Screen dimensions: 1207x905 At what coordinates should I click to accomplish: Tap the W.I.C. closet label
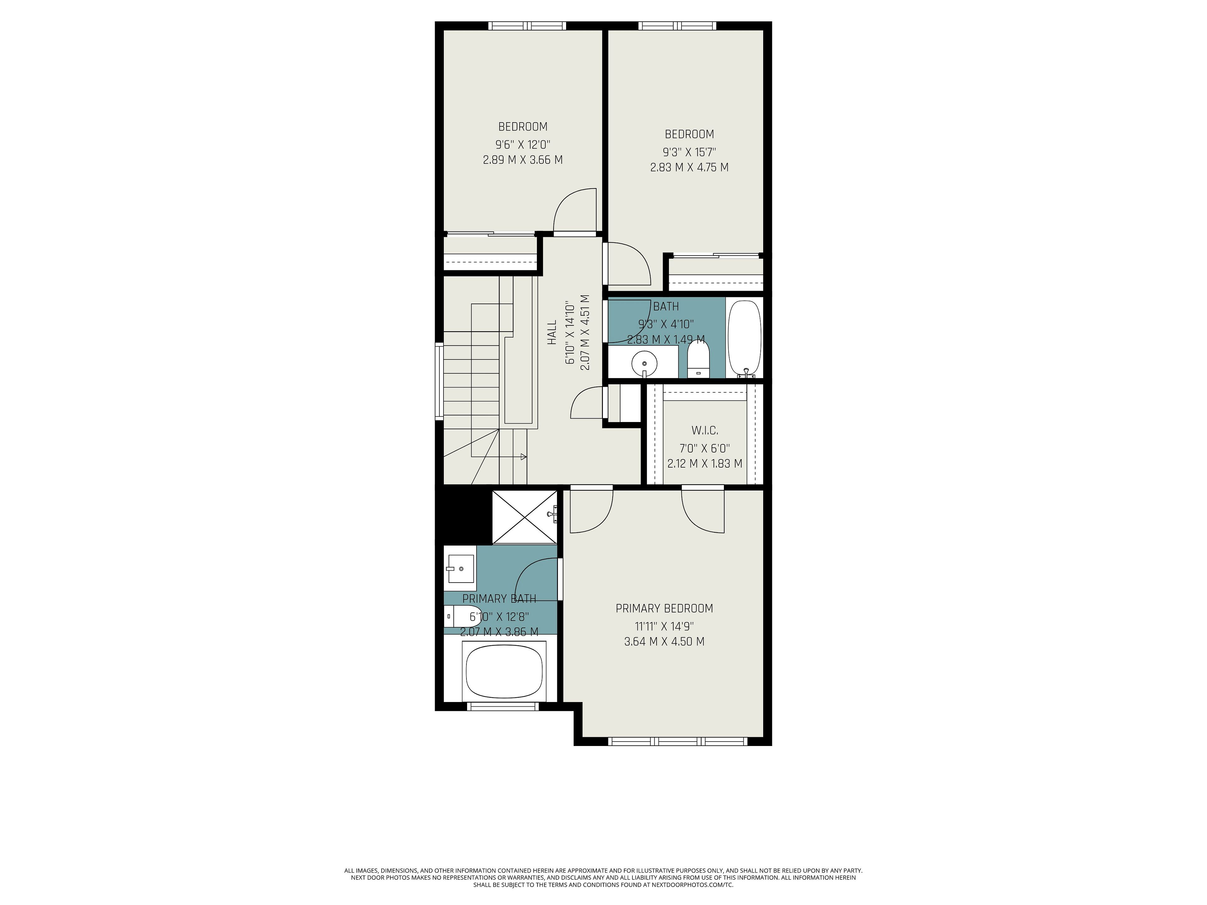tap(704, 431)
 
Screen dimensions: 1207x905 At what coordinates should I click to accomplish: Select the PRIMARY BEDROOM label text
tap(664, 608)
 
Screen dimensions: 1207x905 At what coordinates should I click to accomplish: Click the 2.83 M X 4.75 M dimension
tap(689, 167)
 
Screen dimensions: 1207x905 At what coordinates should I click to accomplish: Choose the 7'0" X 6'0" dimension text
tap(704, 448)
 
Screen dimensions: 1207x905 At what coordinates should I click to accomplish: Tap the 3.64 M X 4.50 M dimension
tap(664, 642)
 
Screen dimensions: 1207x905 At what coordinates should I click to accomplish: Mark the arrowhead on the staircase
tap(523, 457)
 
